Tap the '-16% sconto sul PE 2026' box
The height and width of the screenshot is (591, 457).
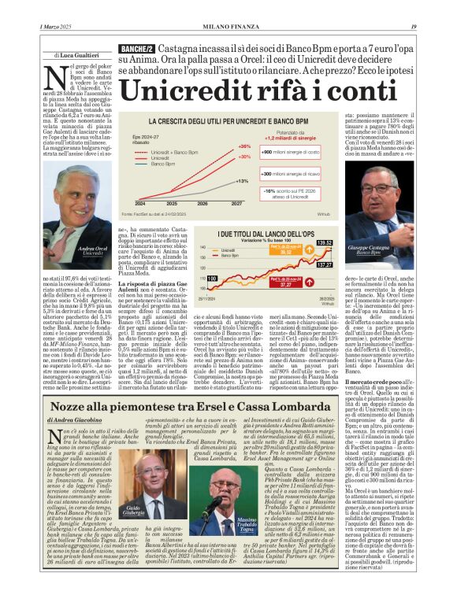coord(288,194)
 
